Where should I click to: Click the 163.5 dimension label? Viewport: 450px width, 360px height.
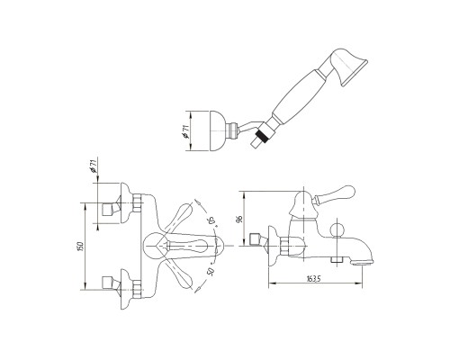click(x=314, y=278)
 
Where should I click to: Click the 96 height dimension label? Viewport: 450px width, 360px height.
click(x=239, y=219)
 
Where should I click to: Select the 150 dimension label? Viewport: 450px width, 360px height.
click(x=80, y=246)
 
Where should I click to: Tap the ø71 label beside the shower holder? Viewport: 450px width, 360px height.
click(x=186, y=131)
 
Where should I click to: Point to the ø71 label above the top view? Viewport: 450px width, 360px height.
click(x=94, y=166)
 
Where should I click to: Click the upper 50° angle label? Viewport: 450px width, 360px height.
click(x=212, y=221)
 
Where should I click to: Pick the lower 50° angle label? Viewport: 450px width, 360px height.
click(x=211, y=271)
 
